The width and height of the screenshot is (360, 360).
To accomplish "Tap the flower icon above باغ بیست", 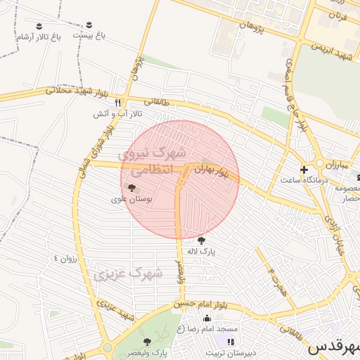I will tap(89, 24).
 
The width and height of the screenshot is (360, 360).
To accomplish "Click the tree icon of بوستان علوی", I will tap(132, 187).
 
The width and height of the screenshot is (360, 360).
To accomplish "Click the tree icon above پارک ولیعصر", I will tap(147, 341).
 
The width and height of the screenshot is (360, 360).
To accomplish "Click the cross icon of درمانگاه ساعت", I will tap(304, 169).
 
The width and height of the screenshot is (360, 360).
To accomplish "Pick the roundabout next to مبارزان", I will tap(319, 163).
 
